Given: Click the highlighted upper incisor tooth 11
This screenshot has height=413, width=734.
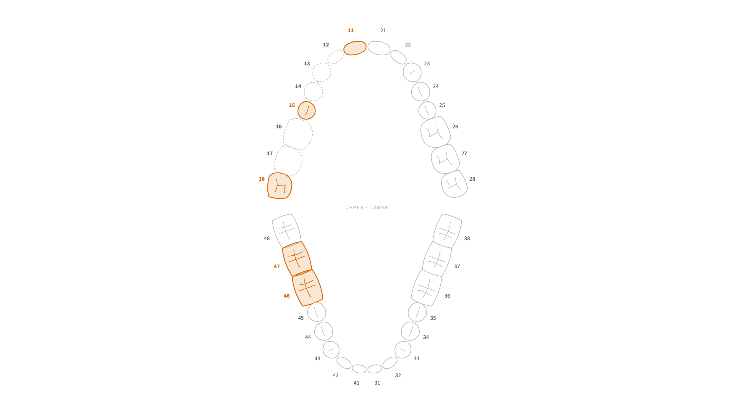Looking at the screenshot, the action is tap(355, 48).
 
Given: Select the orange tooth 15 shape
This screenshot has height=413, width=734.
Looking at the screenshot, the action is tap(306, 110).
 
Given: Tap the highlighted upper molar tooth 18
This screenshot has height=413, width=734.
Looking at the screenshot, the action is tap(279, 186).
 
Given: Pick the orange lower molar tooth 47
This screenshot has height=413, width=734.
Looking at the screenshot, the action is tap(297, 259).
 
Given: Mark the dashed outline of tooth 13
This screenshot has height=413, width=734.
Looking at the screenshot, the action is tap(313, 72).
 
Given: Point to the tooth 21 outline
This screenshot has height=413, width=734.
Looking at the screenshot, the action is tap(379, 48).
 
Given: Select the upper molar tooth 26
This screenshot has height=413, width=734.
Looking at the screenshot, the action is tap(436, 132).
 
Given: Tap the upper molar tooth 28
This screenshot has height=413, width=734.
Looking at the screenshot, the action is tap(454, 184).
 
